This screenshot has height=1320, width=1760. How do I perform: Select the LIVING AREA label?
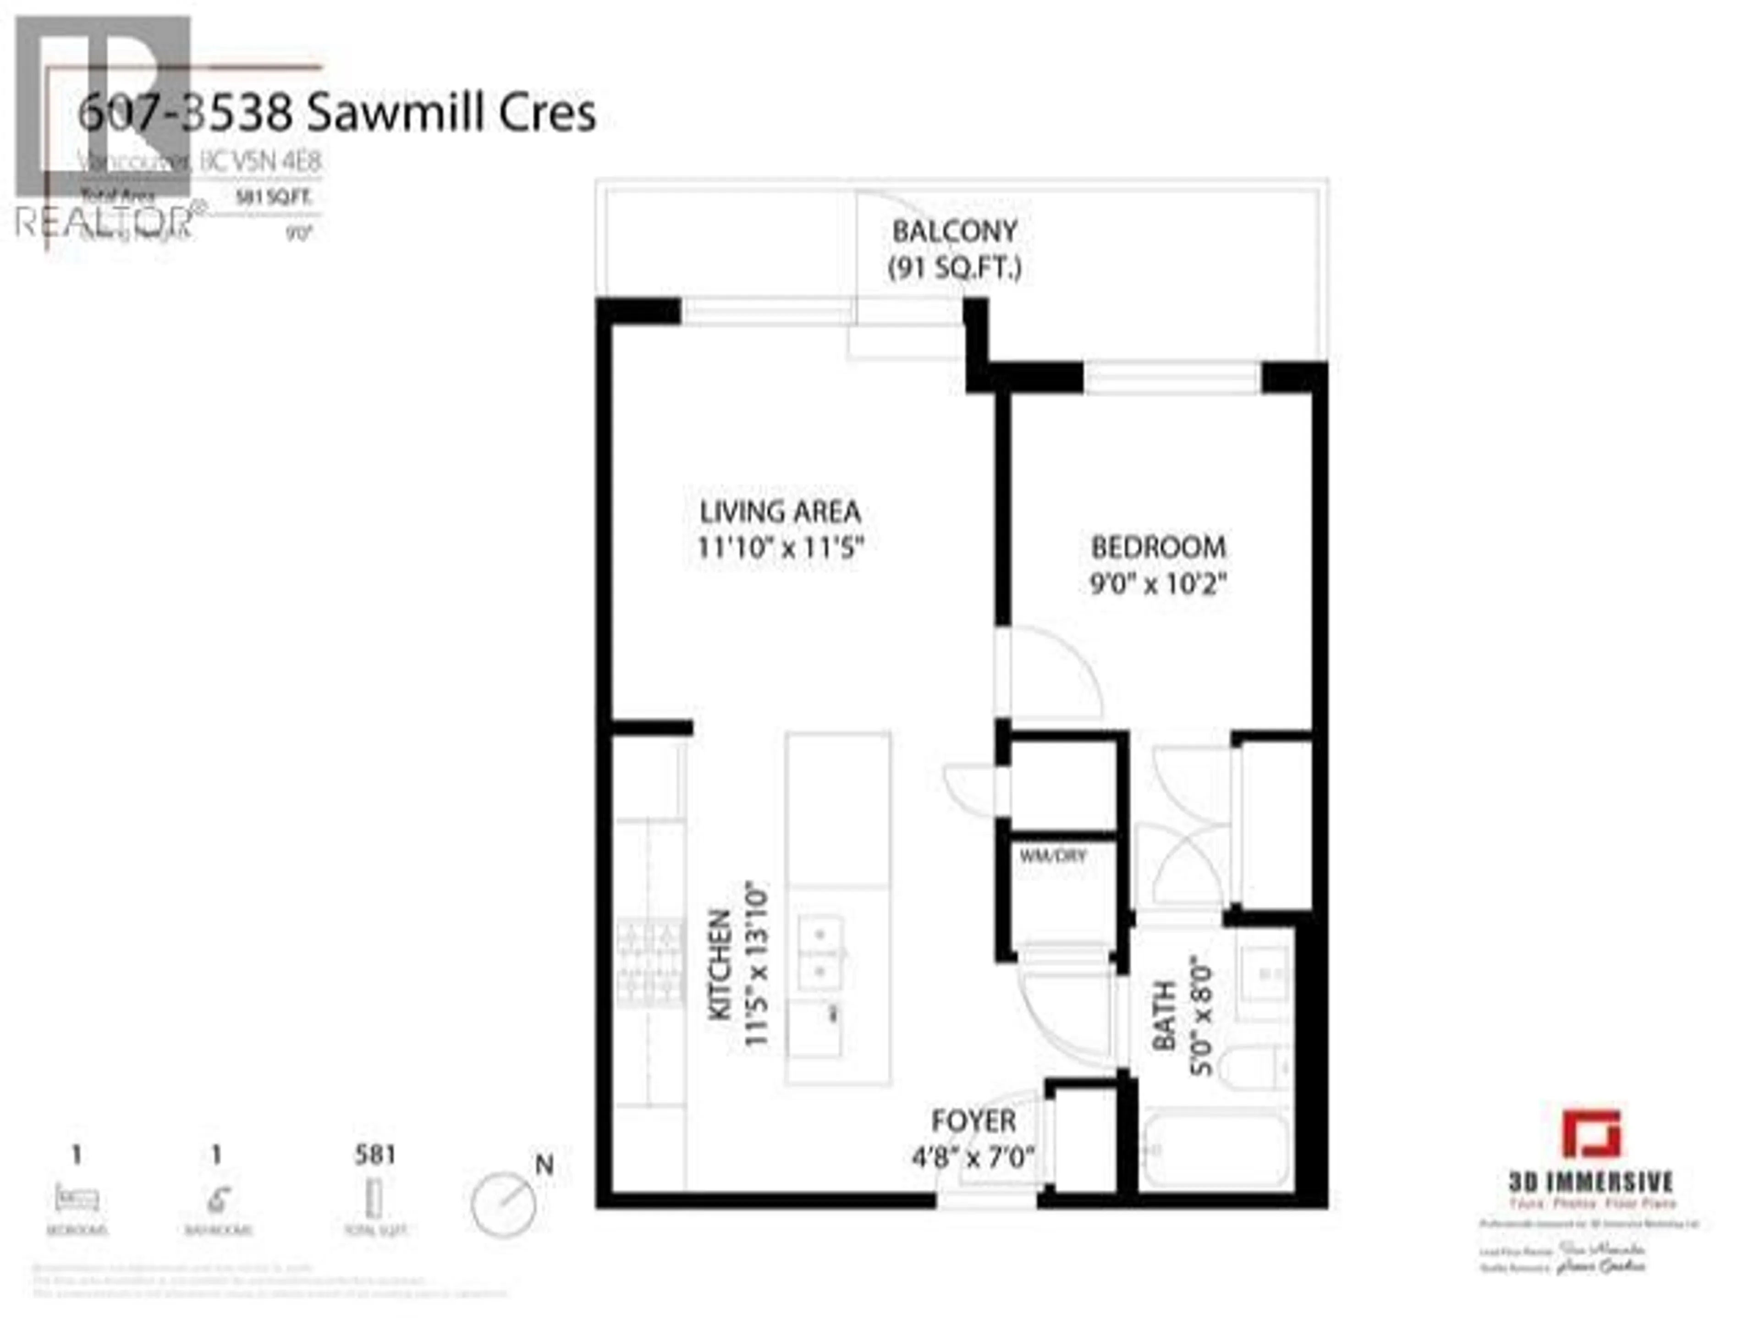tap(780, 511)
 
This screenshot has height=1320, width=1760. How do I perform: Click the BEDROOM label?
tap(1158, 547)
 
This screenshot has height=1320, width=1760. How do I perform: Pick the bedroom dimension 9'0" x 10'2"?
tap(1158, 585)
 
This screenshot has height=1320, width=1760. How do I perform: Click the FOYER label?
tap(973, 1121)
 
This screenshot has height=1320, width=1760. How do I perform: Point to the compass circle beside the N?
tap(503, 1204)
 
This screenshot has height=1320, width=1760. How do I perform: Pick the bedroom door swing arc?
tap(1058, 668)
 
